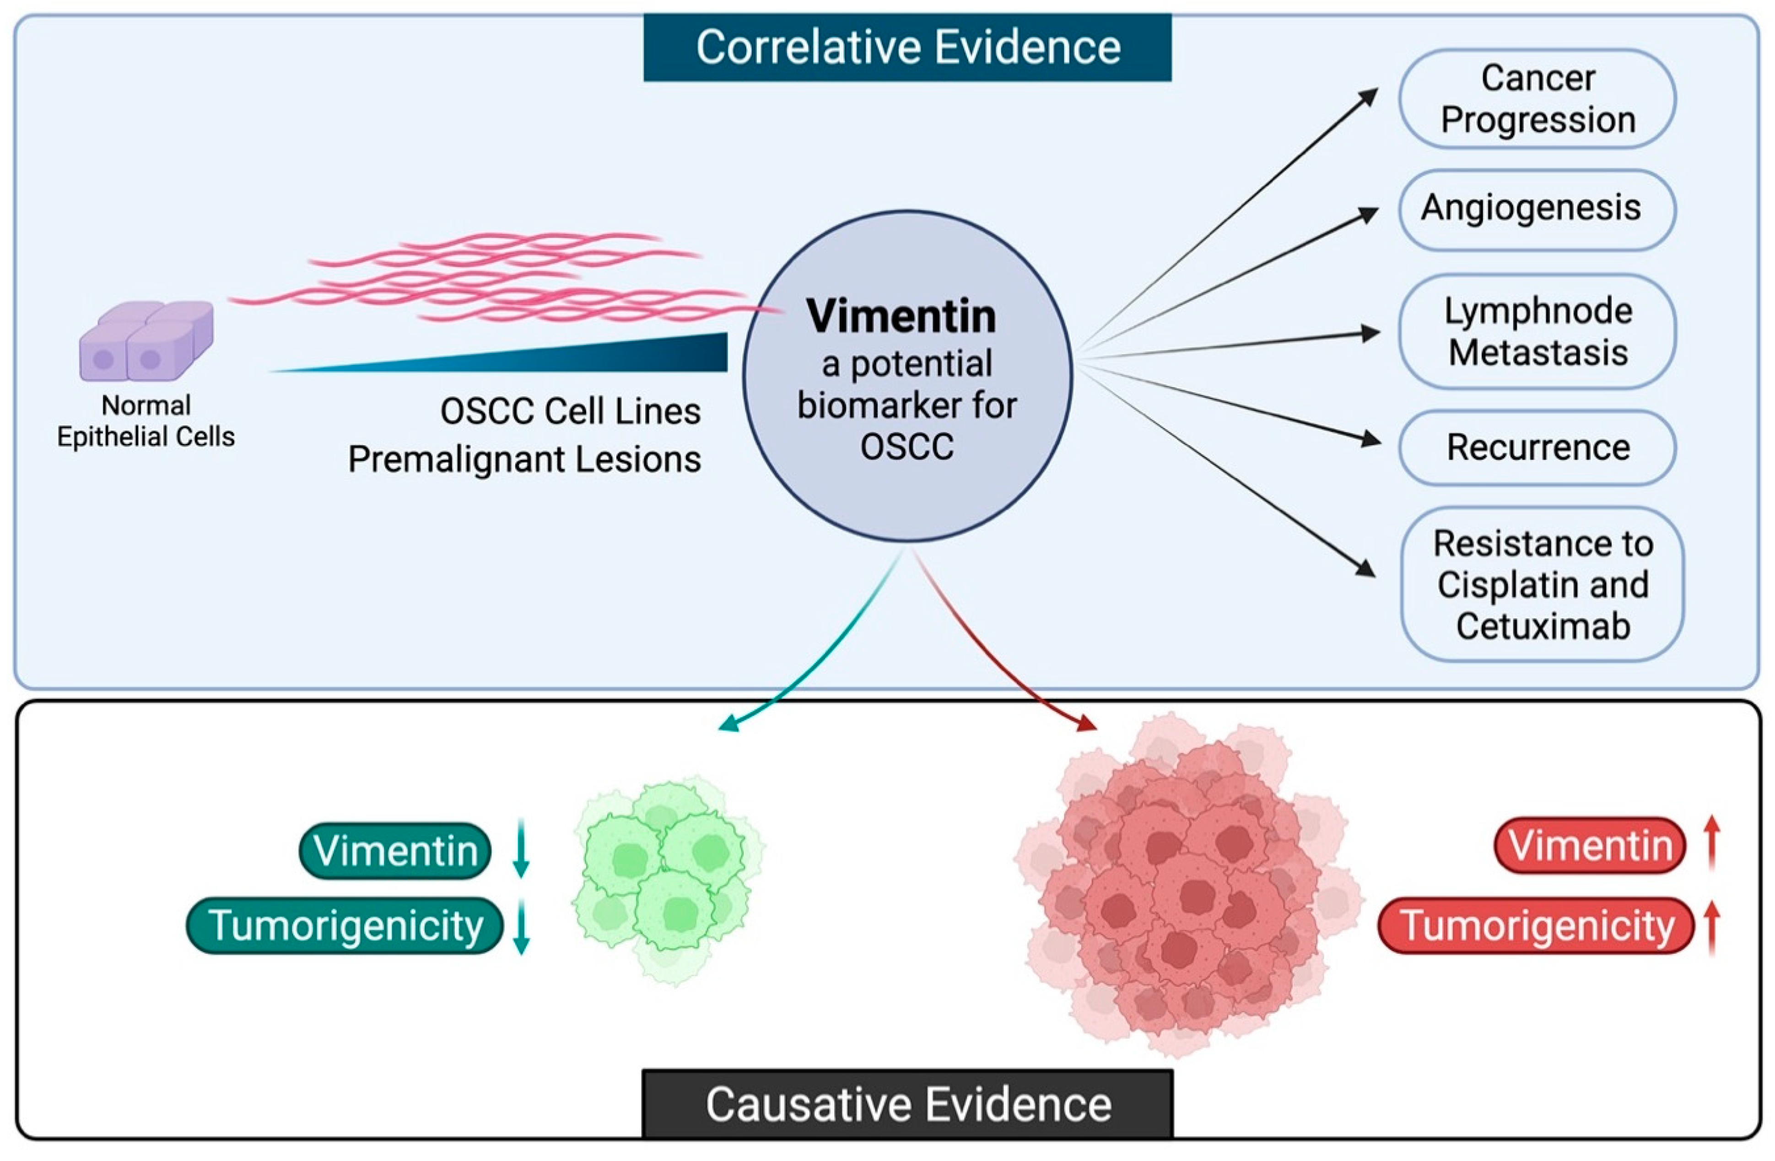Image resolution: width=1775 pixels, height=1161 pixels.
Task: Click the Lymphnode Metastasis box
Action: (1538, 332)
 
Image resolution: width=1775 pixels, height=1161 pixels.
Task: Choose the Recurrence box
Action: (1538, 448)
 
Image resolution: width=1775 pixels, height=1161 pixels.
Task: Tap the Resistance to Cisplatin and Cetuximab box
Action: (1542, 584)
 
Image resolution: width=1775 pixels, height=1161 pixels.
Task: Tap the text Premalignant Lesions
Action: (524, 459)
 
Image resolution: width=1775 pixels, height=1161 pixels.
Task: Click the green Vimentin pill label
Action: (395, 851)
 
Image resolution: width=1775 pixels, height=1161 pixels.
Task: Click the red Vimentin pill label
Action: (1590, 846)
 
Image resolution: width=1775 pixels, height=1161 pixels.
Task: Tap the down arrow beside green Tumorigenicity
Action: (521, 926)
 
